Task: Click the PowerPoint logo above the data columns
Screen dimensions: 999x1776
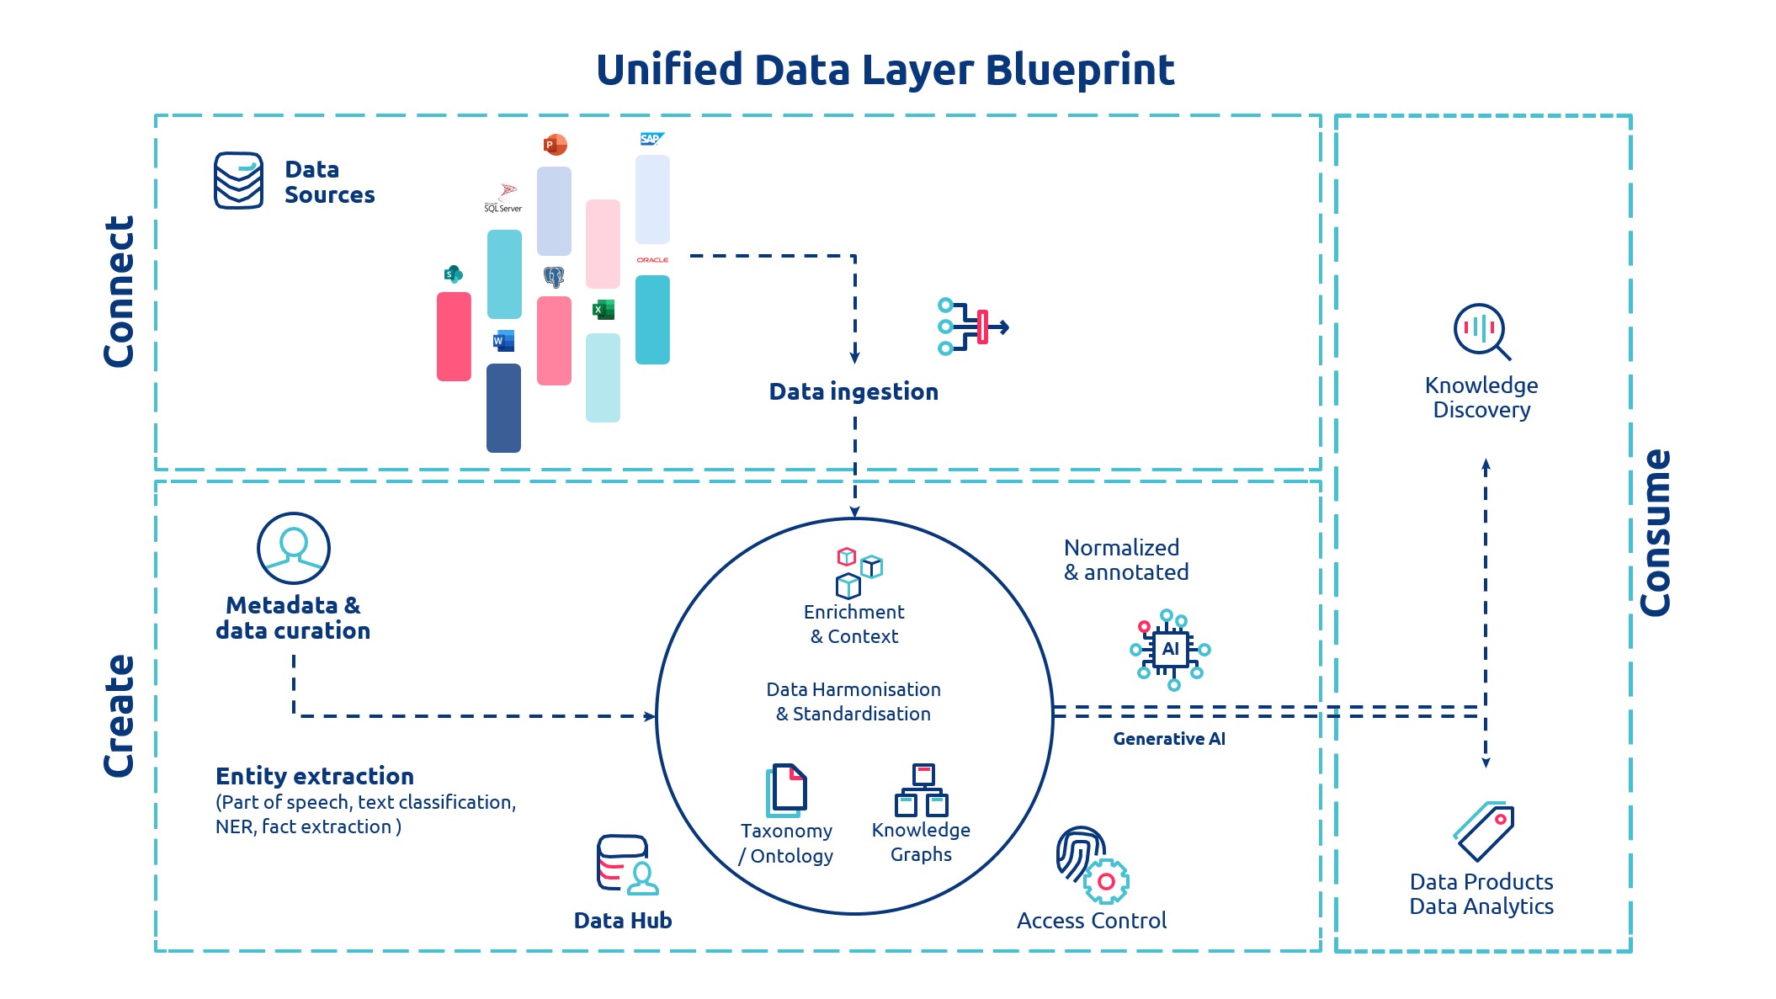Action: point(555,145)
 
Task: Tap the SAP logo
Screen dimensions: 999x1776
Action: point(651,139)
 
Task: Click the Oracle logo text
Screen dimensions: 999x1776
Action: point(652,260)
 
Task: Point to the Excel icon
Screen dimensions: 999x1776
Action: point(603,310)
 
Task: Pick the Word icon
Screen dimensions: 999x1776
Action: point(503,341)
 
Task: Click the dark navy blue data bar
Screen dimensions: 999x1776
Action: point(503,408)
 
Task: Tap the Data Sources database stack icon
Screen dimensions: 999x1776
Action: point(238,180)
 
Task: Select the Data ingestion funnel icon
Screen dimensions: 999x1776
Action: point(972,327)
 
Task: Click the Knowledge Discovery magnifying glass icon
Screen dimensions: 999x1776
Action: point(1481,331)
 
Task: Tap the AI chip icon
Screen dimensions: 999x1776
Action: point(1170,649)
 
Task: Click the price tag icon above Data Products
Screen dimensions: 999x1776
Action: point(1484,831)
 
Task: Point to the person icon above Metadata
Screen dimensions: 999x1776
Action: point(293,548)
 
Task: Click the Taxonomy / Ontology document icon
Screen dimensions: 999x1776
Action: point(786,790)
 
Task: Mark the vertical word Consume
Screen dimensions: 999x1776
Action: point(1655,533)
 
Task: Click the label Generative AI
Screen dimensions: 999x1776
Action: point(1168,739)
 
